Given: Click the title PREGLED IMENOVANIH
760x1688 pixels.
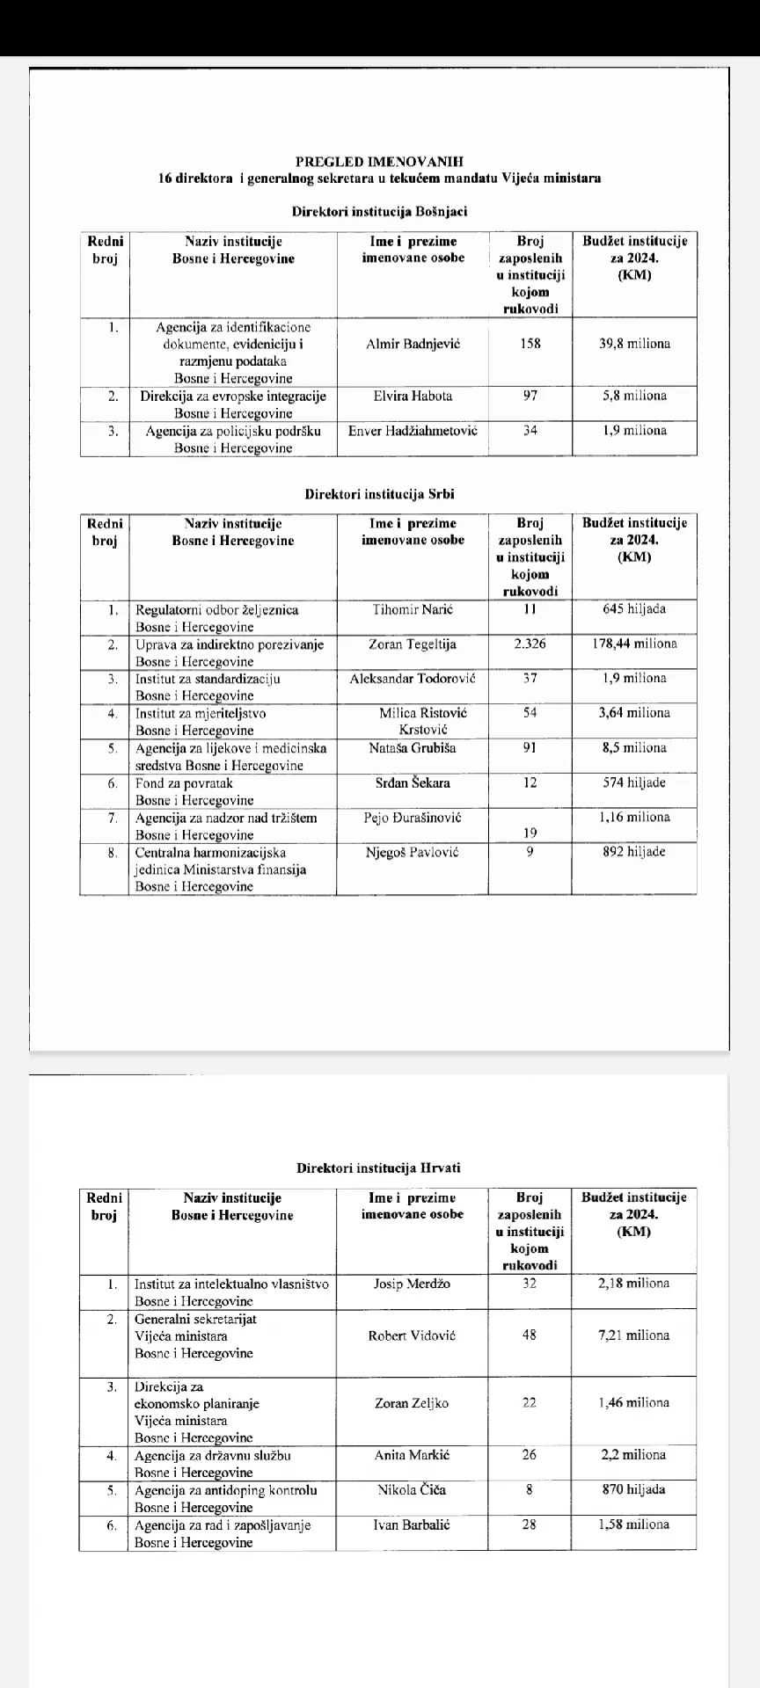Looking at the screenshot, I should pos(379,161).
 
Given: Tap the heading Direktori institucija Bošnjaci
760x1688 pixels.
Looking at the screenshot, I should pos(379,212).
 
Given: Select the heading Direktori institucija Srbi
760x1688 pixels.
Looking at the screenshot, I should pos(379,494).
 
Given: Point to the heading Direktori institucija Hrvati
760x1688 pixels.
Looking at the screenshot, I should pos(378,1168).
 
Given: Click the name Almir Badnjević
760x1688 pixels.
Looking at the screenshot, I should pos(413,344).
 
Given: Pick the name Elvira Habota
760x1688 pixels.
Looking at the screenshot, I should pos(413,396).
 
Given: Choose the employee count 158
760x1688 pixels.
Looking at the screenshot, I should pos(530,344).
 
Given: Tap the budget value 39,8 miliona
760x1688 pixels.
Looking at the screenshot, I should pos(633,344).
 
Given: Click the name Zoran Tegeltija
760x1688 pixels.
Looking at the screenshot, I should pos(412,644).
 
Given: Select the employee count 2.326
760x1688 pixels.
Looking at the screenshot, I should pos(530,644).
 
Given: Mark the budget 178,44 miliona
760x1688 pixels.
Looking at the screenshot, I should pos(633,644).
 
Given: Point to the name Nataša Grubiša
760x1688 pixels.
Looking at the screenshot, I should pos(412,748).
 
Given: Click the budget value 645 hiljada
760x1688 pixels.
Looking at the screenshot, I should pos(633,609).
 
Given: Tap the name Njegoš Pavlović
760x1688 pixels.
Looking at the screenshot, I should pos(412,852).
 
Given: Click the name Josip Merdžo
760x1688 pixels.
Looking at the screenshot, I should pos(412,1284).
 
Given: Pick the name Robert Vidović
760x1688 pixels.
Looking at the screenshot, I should pos(412,1335).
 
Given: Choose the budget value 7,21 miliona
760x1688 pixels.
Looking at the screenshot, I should pos(633,1335).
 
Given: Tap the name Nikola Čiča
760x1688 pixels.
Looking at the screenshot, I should pos(412,1490).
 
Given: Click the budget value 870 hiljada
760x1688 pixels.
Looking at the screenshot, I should pos(633,1490).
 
